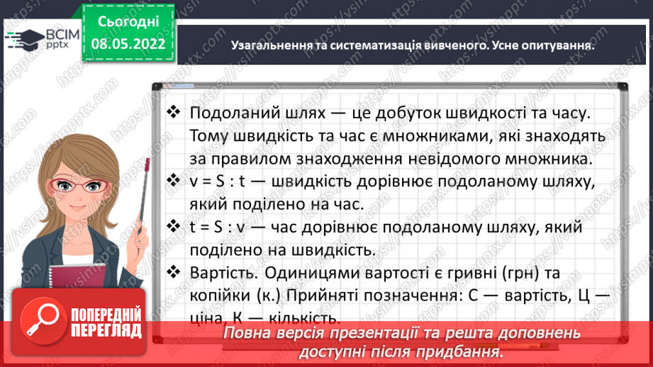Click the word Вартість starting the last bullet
[221, 272]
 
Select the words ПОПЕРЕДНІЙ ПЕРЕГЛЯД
[107, 321]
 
